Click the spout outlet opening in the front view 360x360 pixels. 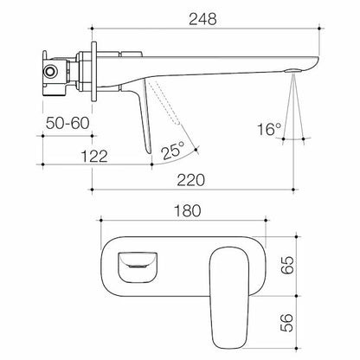[x=138, y=263]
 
